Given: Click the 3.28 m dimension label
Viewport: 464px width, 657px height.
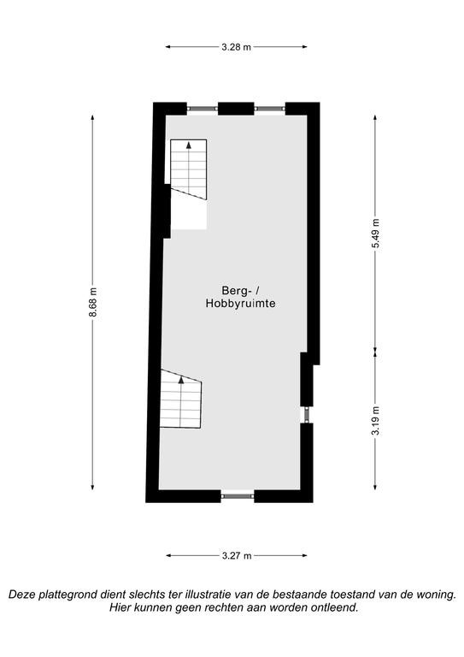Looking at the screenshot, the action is (x=237, y=47).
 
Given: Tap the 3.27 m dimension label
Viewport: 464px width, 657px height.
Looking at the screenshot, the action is (x=237, y=555).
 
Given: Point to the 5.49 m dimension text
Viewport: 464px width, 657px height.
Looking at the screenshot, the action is (x=375, y=234).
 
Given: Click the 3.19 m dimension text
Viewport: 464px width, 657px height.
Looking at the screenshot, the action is (x=375, y=421).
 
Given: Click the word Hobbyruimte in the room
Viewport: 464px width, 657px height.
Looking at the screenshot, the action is (x=241, y=304).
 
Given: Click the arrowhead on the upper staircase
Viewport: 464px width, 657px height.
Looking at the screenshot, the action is (x=189, y=145).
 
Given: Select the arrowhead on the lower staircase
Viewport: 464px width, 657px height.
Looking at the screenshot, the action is (x=181, y=380).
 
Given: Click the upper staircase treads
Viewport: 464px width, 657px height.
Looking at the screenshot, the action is (x=188, y=169).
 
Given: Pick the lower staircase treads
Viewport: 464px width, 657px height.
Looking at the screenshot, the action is (x=181, y=400).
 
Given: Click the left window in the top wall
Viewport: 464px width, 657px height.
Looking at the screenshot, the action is (x=203, y=109).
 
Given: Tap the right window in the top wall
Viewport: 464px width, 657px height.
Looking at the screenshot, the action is (x=270, y=109).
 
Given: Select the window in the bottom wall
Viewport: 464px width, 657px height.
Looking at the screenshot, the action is (x=238, y=496).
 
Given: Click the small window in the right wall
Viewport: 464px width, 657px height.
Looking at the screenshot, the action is (x=307, y=415).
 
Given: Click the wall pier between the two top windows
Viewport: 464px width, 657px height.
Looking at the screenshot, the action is (x=236, y=109).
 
